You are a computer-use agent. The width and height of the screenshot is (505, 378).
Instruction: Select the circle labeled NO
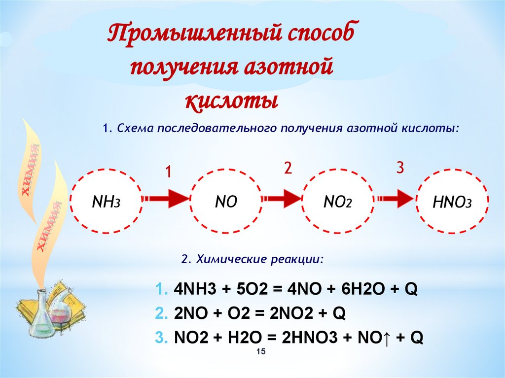pos(226,200)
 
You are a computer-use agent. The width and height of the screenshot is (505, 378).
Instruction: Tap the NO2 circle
pos(337,200)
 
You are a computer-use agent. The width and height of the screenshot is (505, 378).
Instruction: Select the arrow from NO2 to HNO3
pos(397,199)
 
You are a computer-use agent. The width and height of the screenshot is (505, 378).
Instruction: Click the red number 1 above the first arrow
pos(168,172)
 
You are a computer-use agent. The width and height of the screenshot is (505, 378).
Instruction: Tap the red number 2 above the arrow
pos(288,168)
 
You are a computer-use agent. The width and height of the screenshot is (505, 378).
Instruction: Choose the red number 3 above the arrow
pos(400,168)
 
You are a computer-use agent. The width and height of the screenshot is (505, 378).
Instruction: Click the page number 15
pos(261,351)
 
